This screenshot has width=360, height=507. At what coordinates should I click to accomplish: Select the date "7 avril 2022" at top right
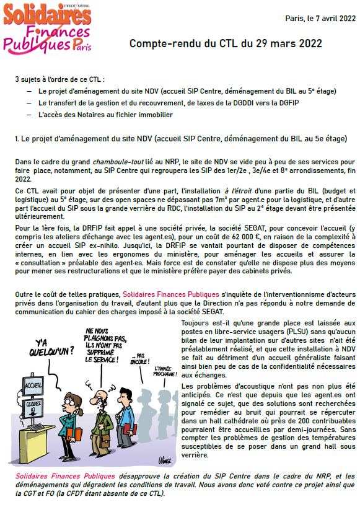click(x=335, y=18)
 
